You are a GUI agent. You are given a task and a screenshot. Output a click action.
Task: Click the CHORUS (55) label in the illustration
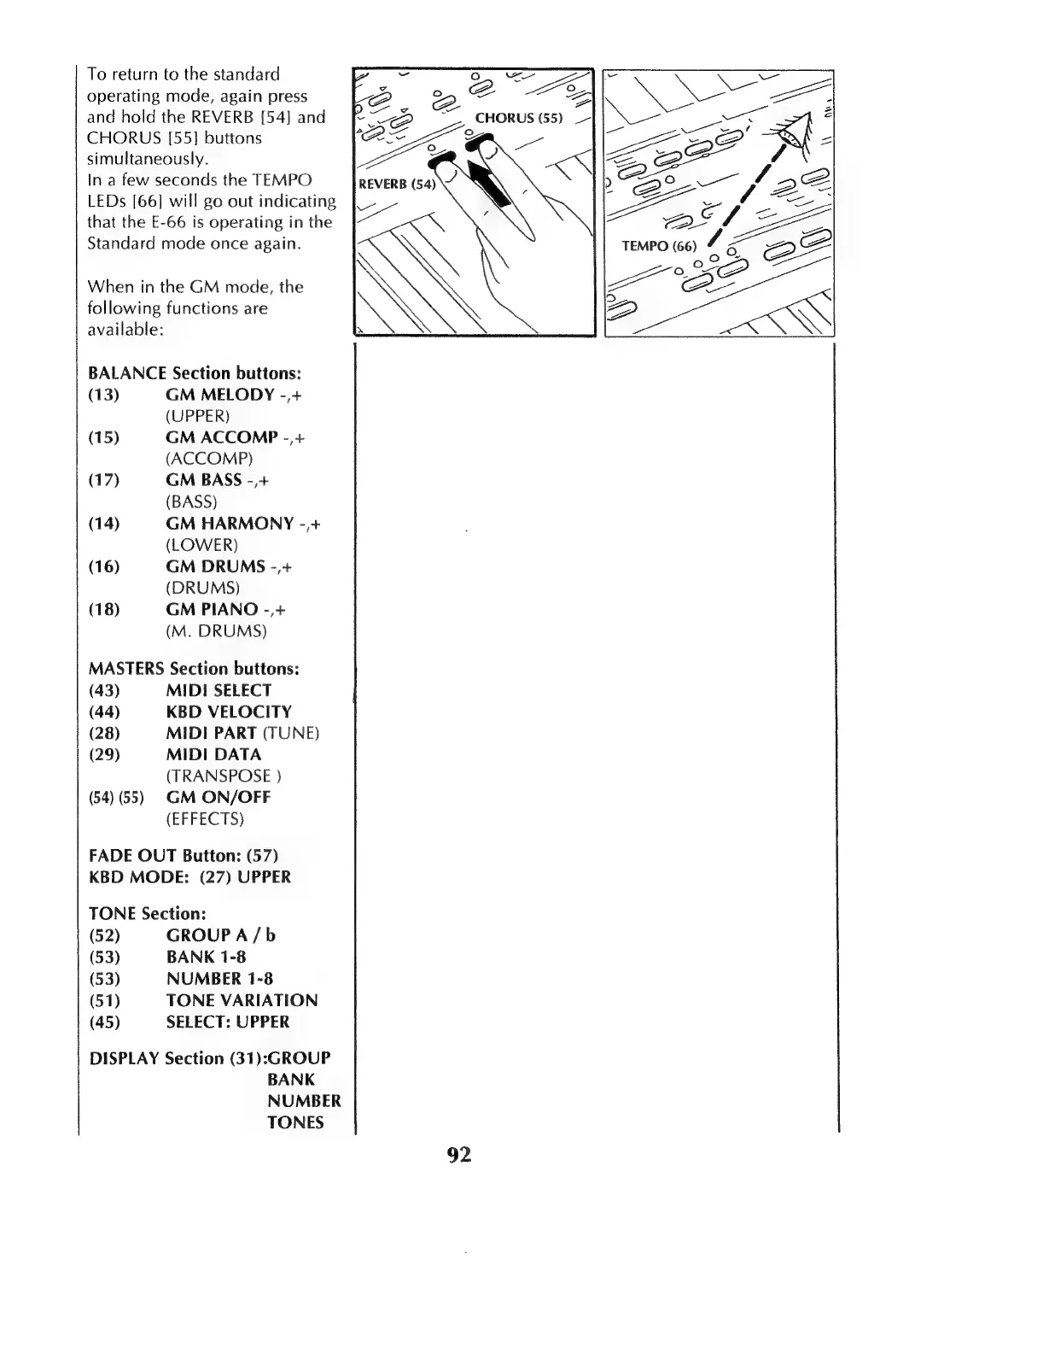pos(518,118)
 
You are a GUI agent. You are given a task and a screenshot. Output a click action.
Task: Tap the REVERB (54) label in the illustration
pos(397,184)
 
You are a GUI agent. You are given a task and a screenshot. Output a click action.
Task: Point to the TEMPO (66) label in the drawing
pos(659,246)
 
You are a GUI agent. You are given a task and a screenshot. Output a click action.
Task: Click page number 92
pos(459,1155)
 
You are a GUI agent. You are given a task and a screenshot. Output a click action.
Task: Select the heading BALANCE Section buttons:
pos(195,373)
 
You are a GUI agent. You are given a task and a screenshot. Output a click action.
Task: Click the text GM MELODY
pos(220,395)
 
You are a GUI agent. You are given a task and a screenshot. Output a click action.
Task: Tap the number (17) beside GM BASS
pos(104,480)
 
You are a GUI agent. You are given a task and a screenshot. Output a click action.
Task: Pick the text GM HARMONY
pos(230,524)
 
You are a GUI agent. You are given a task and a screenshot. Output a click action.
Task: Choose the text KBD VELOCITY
pos(229,712)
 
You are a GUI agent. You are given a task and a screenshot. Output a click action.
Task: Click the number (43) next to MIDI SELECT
pos(104,690)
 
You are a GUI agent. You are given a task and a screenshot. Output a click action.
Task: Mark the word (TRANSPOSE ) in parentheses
pos(224,776)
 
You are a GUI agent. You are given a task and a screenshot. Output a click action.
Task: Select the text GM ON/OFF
pos(218,797)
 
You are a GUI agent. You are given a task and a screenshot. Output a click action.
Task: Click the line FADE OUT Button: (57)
pos(184,855)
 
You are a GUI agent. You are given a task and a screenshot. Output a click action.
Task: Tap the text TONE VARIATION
pos(242,1000)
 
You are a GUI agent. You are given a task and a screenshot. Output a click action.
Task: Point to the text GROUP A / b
pos(220,935)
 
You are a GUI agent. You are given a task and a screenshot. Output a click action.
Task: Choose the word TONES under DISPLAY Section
pos(295,1122)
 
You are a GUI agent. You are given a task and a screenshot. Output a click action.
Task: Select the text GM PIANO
pos(212,609)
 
